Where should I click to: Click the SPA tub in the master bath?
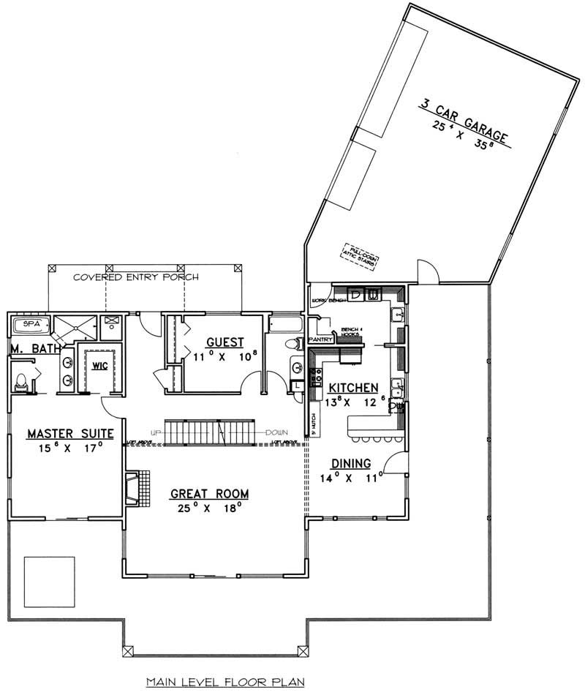click(30, 323)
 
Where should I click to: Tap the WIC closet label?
click(99, 365)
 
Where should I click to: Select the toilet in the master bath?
click(21, 380)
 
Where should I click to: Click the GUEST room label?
click(220, 342)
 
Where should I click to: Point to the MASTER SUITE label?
click(70, 434)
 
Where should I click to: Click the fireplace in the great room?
click(133, 488)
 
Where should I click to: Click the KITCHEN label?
click(352, 388)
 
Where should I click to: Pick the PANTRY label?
click(322, 339)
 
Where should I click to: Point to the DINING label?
click(351, 463)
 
